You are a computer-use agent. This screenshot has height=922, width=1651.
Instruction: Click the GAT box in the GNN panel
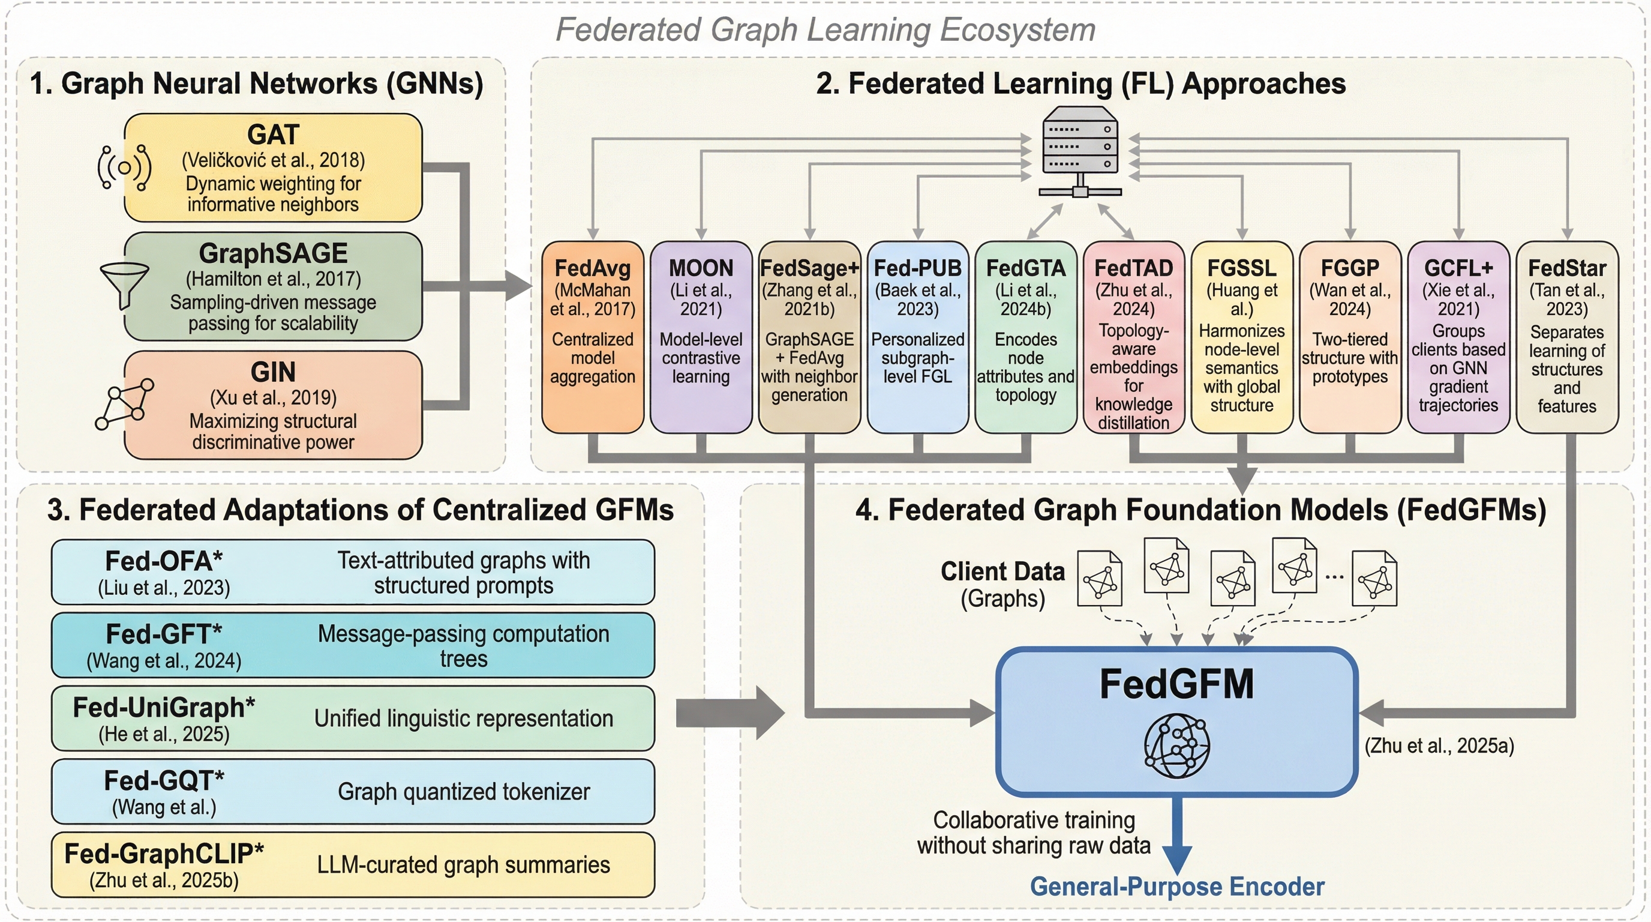[x=273, y=168]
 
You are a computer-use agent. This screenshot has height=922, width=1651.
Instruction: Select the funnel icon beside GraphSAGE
[x=125, y=285]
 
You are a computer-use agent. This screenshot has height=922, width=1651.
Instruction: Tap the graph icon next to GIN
[x=124, y=404]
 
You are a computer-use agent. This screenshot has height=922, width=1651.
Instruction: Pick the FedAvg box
[x=592, y=337]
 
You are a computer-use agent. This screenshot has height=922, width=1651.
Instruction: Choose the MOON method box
[x=701, y=337]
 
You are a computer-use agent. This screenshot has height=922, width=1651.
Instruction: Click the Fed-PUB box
[x=917, y=337]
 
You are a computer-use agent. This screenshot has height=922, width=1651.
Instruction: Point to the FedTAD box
[x=1133, y=337]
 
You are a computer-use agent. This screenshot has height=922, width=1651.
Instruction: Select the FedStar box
[x=1566, y=337]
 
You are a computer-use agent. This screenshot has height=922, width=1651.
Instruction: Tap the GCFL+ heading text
[x=1458, y=268]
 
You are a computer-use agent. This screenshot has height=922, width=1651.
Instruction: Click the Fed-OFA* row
[x=353, y=572]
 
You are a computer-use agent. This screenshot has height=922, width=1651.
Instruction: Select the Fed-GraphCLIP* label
[x=164, y=854]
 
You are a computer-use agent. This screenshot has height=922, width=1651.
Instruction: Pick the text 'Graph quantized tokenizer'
[x=463, y=792]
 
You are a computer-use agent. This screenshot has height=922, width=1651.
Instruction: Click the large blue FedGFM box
[x=1176, y=722]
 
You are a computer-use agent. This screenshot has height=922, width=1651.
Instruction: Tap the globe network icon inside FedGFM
[x=1176, y=746]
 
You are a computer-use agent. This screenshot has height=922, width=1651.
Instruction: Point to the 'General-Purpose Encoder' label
[x=1176, y=887]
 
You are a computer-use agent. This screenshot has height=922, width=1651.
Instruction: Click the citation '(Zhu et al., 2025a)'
[x=1439, y=746]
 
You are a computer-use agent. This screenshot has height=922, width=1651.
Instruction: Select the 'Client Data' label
[x=1002, y=571]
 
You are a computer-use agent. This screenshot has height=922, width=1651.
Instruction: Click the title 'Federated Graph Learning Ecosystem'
[x=825, y=29]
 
